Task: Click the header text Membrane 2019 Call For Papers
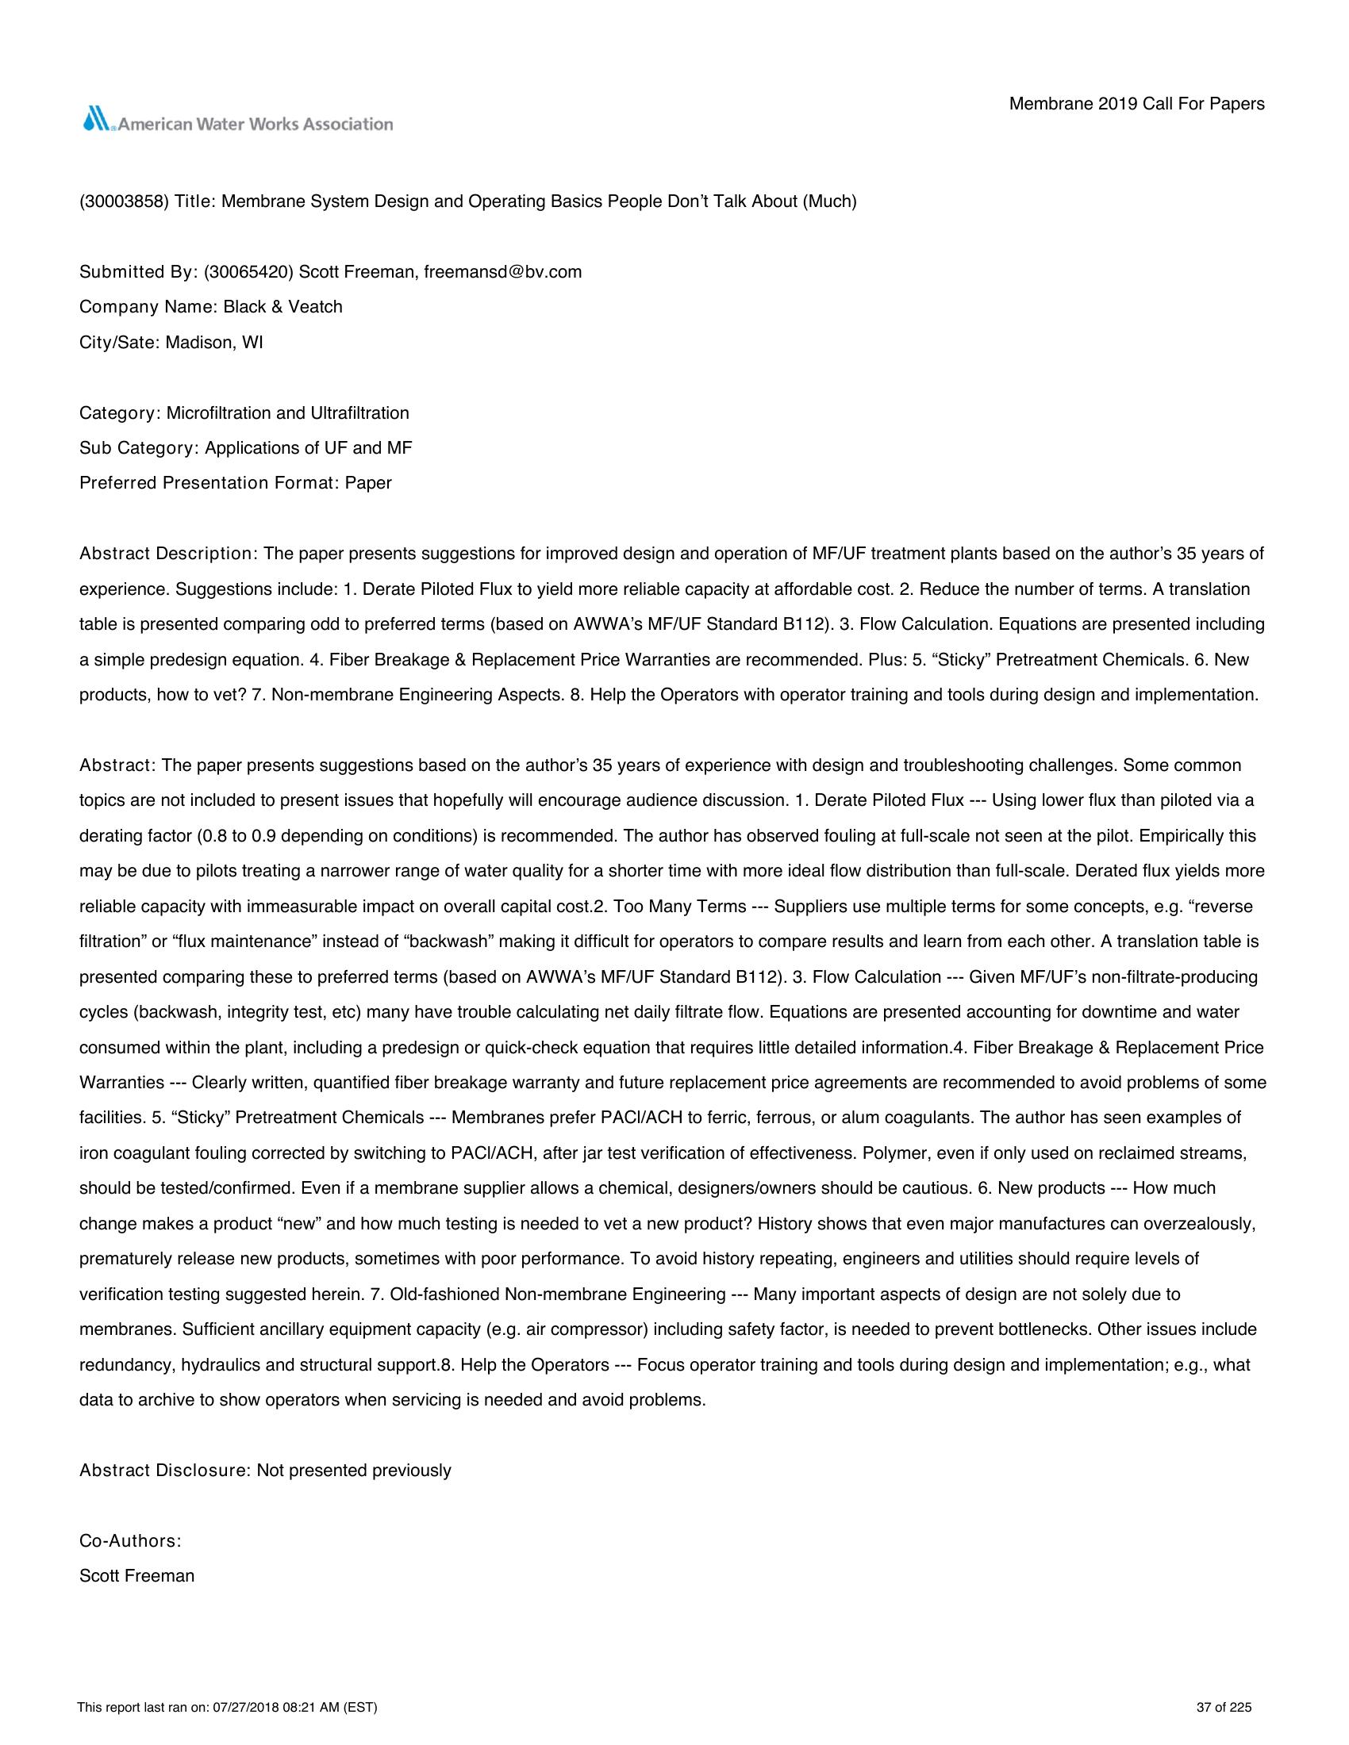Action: [x=1136, y=104]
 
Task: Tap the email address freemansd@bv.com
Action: [x=502, y=271]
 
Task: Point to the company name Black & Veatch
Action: [x=282, y=307]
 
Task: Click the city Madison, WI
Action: [x=214, y=343]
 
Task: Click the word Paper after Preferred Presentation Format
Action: [x=368, y=483]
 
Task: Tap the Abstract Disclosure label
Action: [x=164, y=1470]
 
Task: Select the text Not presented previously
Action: [x=354, y=1470]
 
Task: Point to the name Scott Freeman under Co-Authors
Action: [x=136, y=1575]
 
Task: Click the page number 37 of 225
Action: [x=1224, y=1708]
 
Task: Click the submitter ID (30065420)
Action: [x=248, y=271]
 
